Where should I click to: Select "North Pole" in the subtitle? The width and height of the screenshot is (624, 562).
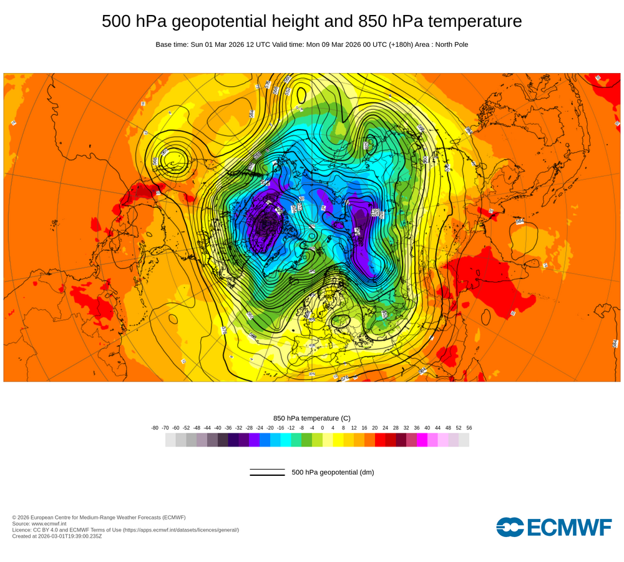point(450,45)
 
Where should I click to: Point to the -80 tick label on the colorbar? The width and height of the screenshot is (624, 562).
point(155,428)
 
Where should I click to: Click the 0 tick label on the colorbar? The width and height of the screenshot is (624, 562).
point(323,428)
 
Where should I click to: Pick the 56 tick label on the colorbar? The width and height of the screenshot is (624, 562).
point(469,428)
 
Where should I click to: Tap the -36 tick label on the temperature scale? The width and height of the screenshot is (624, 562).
point(228,428)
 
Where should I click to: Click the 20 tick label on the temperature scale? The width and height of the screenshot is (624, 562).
point(374,428)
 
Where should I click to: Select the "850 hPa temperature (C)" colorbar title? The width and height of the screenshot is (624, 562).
point(312,418)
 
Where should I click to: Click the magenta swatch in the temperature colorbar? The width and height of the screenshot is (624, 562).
point(422,440)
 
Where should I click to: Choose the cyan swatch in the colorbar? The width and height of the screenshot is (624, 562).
point(286,440)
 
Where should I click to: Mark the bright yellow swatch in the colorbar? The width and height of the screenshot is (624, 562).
point(338,440)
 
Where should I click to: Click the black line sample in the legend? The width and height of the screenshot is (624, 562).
point(267,472)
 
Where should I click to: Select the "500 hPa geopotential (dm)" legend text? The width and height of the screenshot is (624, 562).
point(333,472)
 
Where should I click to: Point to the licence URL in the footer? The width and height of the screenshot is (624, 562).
point(181,530)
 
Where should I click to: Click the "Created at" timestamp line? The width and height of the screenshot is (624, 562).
point(57,536)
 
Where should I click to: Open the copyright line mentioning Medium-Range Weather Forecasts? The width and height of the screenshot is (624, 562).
point(99,517)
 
